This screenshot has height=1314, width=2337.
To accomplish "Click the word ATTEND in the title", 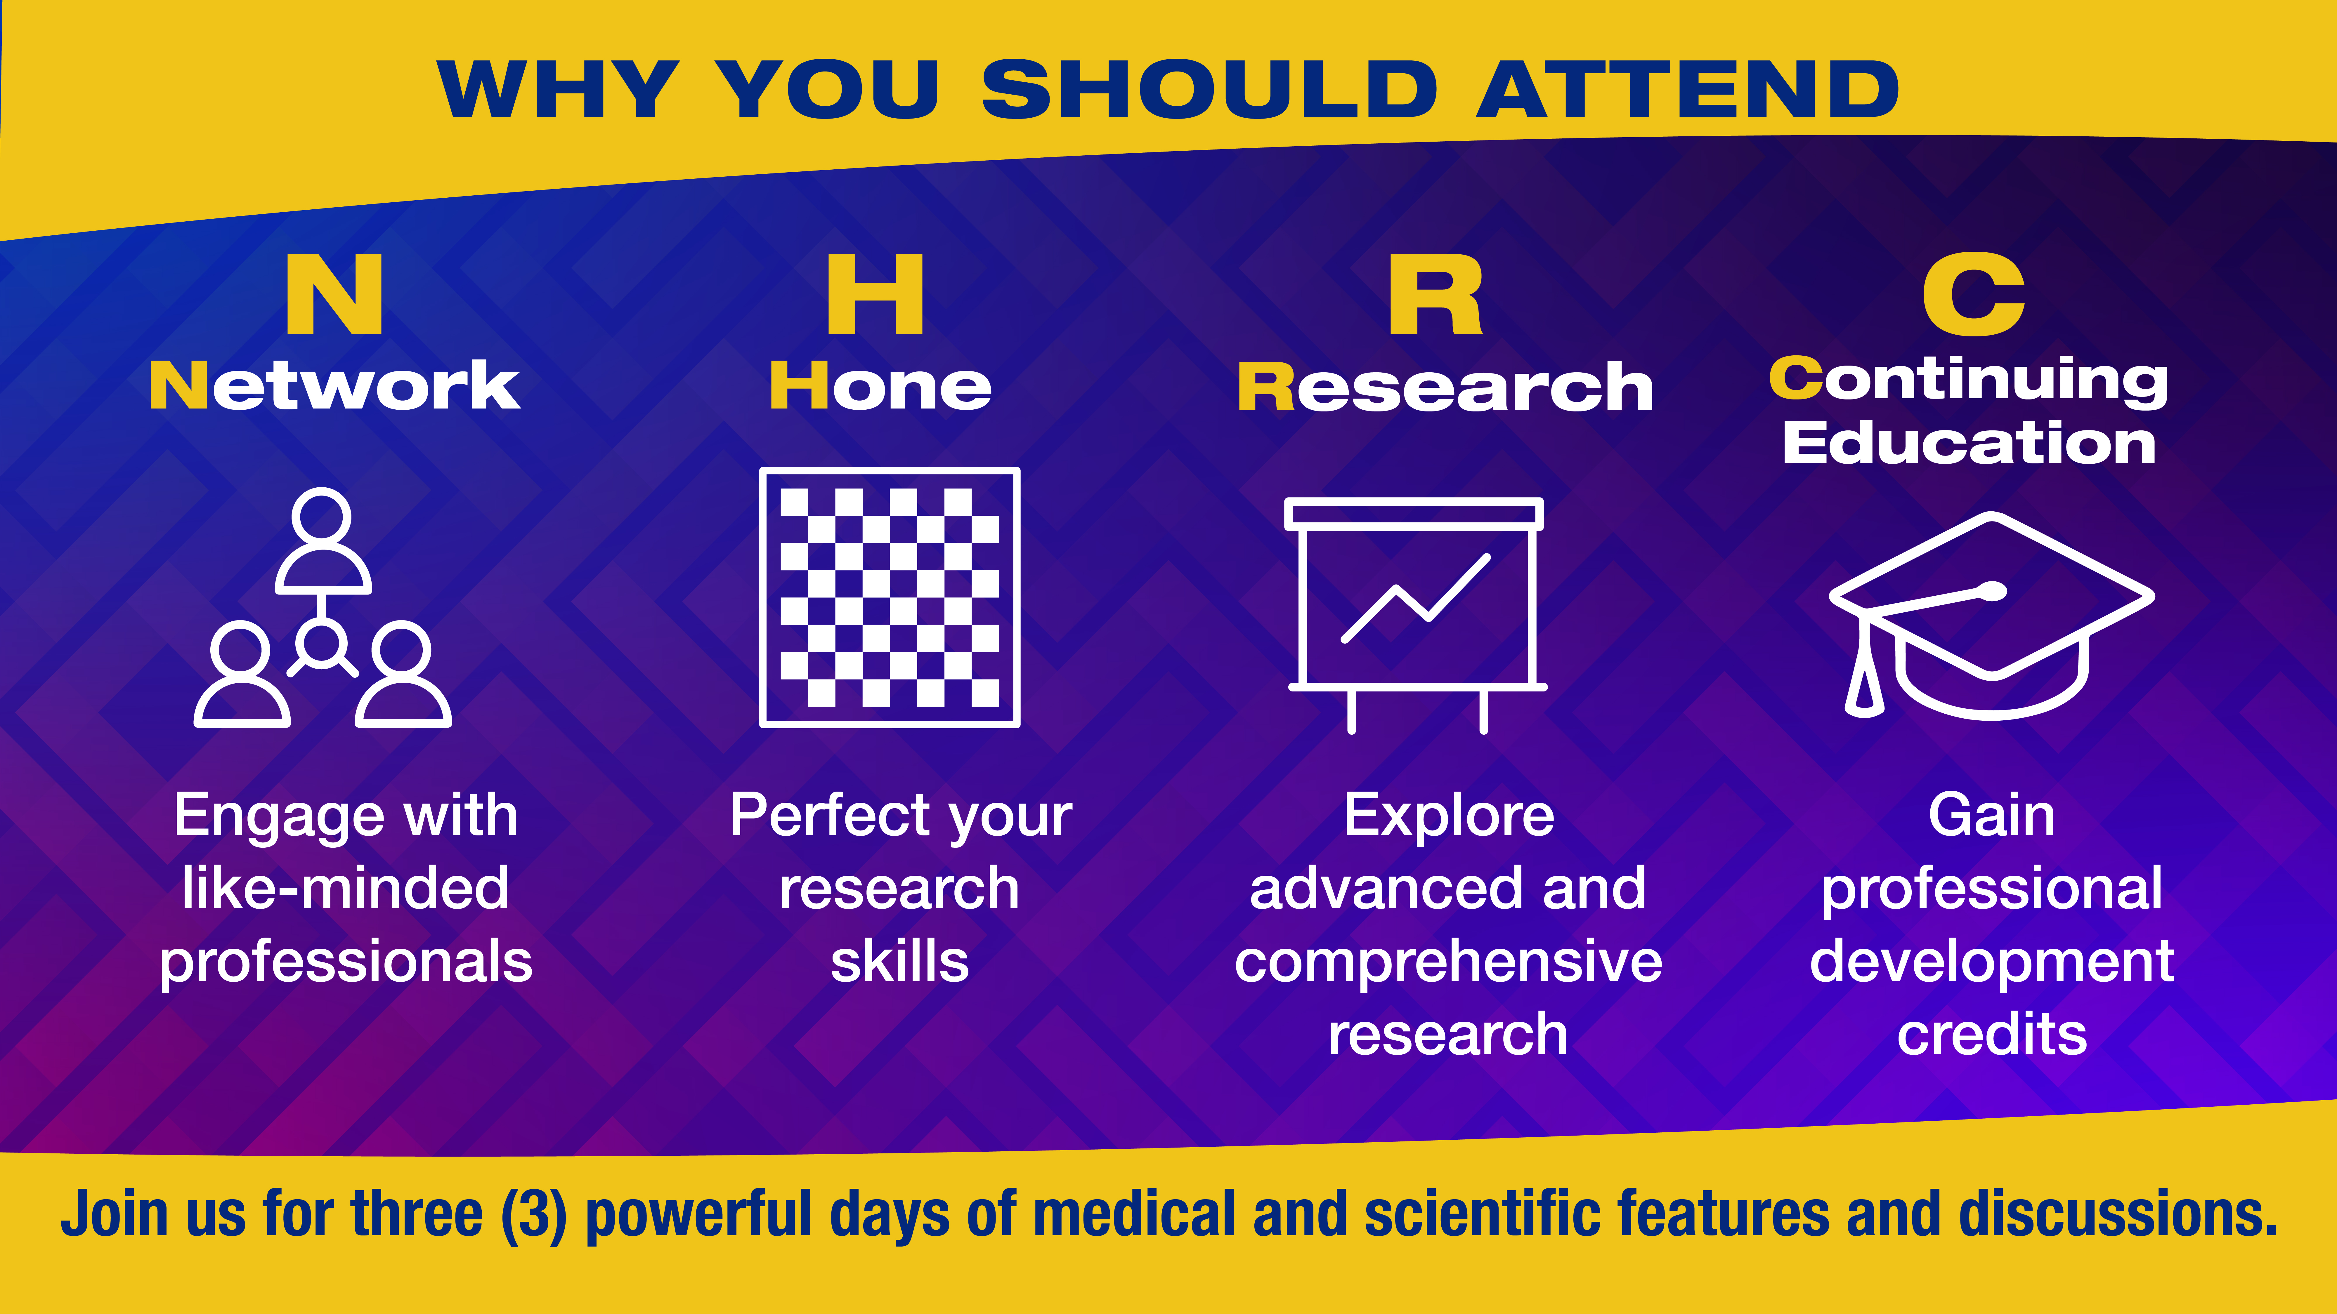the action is pyautogui.click(x=1687, y=89).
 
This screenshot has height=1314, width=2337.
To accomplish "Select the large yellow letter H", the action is pyautogui.click(x=875, y=294).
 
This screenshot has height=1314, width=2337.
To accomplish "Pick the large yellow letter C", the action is pyautogui.click(x=1973, y=294).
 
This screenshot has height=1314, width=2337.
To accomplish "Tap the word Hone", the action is pyautogui.click(x=880, y=385).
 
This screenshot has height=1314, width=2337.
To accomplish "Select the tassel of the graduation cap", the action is pyautogui.click(x=1864, y=667).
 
